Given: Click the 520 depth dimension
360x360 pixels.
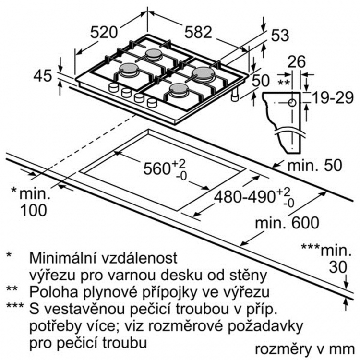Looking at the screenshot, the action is tap(104, 32).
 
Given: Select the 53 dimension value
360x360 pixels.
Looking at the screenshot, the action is tap(280, 36).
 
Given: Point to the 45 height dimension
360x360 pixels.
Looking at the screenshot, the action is tap(43, 76).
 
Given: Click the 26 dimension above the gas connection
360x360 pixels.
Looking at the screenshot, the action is tap(297, 61).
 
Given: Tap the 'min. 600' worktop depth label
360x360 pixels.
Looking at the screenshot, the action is tap(287, 222).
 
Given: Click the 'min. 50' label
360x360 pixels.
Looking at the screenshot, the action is tap(314, 165).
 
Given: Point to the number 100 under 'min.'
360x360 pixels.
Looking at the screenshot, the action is tap(34, 210).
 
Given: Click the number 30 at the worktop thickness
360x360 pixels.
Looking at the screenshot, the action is tap(338, 267).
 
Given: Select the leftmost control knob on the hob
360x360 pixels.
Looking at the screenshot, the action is tap(114, 87).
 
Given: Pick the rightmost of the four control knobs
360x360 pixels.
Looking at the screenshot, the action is tap(152, 103).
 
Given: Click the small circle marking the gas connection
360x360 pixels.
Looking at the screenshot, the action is tap(292, 103).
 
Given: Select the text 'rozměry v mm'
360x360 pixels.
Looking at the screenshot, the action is tap(305, 349).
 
